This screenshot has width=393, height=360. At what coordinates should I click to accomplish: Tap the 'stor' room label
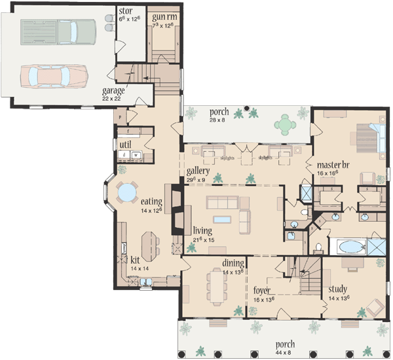pos(125,11)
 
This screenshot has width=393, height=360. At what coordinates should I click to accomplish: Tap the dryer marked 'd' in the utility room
pos(124,155)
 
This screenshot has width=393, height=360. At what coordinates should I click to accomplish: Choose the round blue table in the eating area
pos(124,192)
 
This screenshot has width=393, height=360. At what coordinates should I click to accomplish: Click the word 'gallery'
pos(197,171)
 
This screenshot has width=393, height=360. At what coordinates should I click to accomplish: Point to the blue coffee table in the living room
pos(223,219)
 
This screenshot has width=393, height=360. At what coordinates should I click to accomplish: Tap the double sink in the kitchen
pos(145,283)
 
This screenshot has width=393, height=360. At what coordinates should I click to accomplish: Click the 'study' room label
pos(338,289)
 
